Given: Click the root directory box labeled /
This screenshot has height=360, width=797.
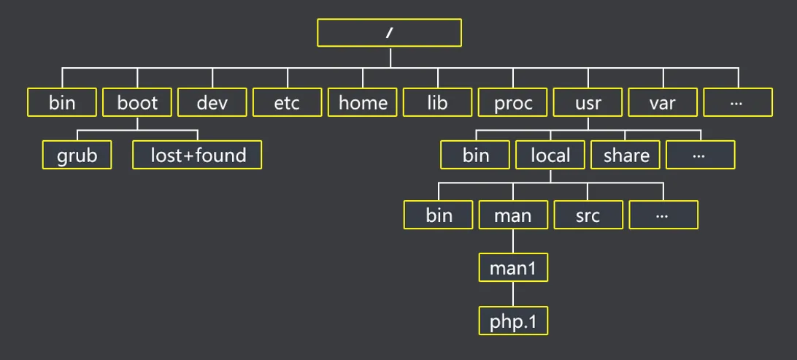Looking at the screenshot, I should coord(390,32).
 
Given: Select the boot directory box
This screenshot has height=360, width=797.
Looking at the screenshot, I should coord(137,102).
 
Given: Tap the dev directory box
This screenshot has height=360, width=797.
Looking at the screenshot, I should coord(212,102).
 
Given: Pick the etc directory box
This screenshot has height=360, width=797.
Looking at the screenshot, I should coord(288,102).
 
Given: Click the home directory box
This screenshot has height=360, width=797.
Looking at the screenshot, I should coord(363,102).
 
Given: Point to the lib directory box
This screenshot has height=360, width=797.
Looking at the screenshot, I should coord(438,102).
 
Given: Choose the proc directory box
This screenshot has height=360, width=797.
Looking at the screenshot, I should coord(513,102).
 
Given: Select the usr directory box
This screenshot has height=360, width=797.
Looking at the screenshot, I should coord(588,102).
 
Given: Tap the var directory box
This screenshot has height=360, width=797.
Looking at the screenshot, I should coord(663,102).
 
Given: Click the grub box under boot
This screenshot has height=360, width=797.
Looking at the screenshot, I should coord(77,155).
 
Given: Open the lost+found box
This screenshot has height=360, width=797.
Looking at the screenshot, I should coord(197,155).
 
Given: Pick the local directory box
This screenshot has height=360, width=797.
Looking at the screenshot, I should coord(550,155).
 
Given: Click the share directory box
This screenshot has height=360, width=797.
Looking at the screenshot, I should coord(626,155).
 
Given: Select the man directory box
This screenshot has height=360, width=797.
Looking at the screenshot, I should coord(513,215).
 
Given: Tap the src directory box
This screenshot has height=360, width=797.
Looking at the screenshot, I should coord(588,215).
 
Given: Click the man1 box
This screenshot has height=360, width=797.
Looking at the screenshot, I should coord(513,268).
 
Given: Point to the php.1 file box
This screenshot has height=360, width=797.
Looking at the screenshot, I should coord(513,321).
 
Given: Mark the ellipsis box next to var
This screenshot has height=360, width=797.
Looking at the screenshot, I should coord(738,102).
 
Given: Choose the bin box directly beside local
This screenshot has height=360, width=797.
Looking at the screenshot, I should coord(476,155).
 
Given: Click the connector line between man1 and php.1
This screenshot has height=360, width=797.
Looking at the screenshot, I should coord(513,294).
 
